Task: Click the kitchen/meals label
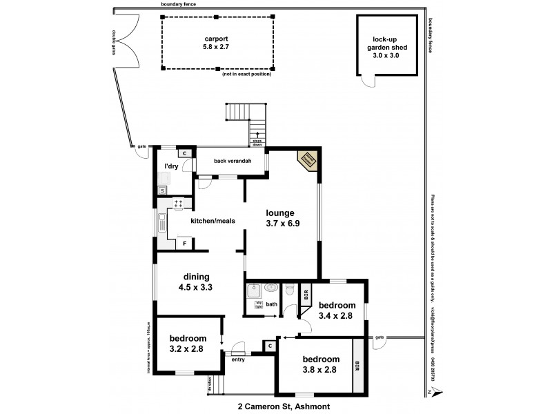(213, 221)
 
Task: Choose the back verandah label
(232, 161)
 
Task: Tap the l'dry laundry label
(172, 166)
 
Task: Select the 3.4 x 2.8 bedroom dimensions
(337, 316)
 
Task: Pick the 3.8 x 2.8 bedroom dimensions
(321, 370)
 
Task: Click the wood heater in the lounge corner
(308, 161)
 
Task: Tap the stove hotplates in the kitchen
(178, 205)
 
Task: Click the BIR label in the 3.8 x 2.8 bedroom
(357, 364)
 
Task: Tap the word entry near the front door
(238, 359)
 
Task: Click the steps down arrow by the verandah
(258, 136)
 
